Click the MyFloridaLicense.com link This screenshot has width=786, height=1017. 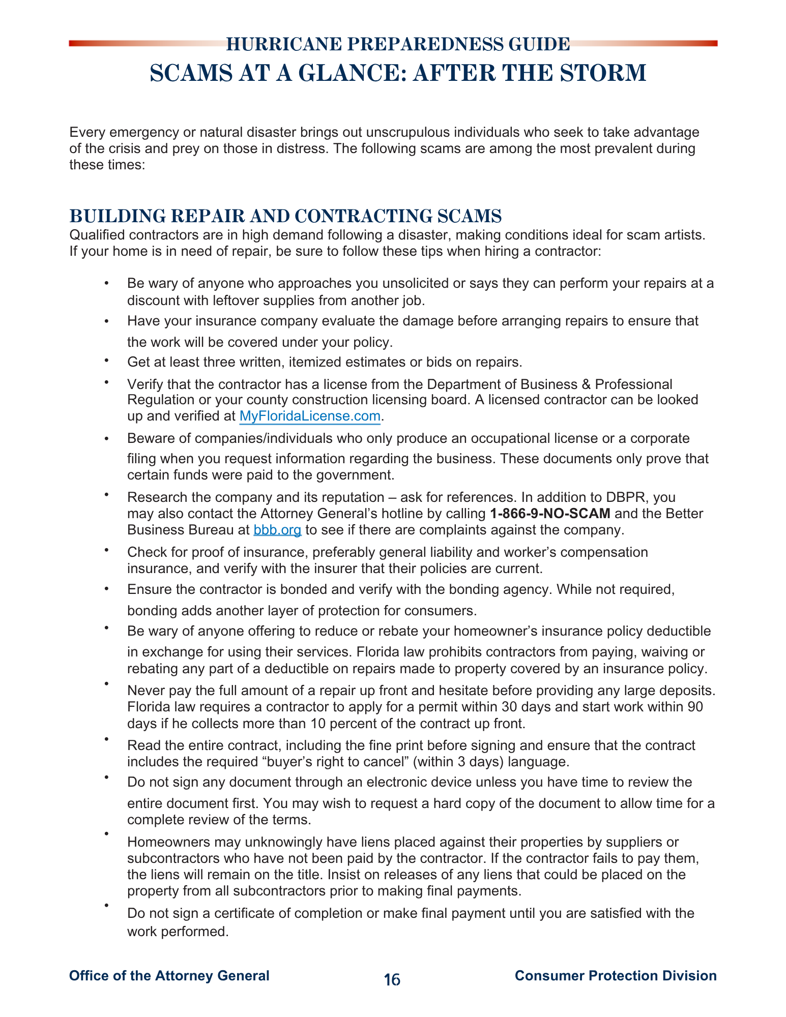click(x=310, y=416)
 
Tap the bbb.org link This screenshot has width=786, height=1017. click(x=277, y=530)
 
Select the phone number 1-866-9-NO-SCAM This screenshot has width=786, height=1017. click(x=550, y=514)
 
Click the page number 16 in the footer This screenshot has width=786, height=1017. click(x=392, y=979)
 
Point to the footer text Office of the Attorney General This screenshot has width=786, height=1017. click(x=169, y=976)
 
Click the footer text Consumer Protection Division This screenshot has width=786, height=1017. click(x=616, y=976)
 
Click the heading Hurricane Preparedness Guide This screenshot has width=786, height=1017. click(x=397, y=45)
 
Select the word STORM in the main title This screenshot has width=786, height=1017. click(x=603, y=73)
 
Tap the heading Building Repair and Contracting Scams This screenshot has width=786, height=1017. click(x=285, y=216)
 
